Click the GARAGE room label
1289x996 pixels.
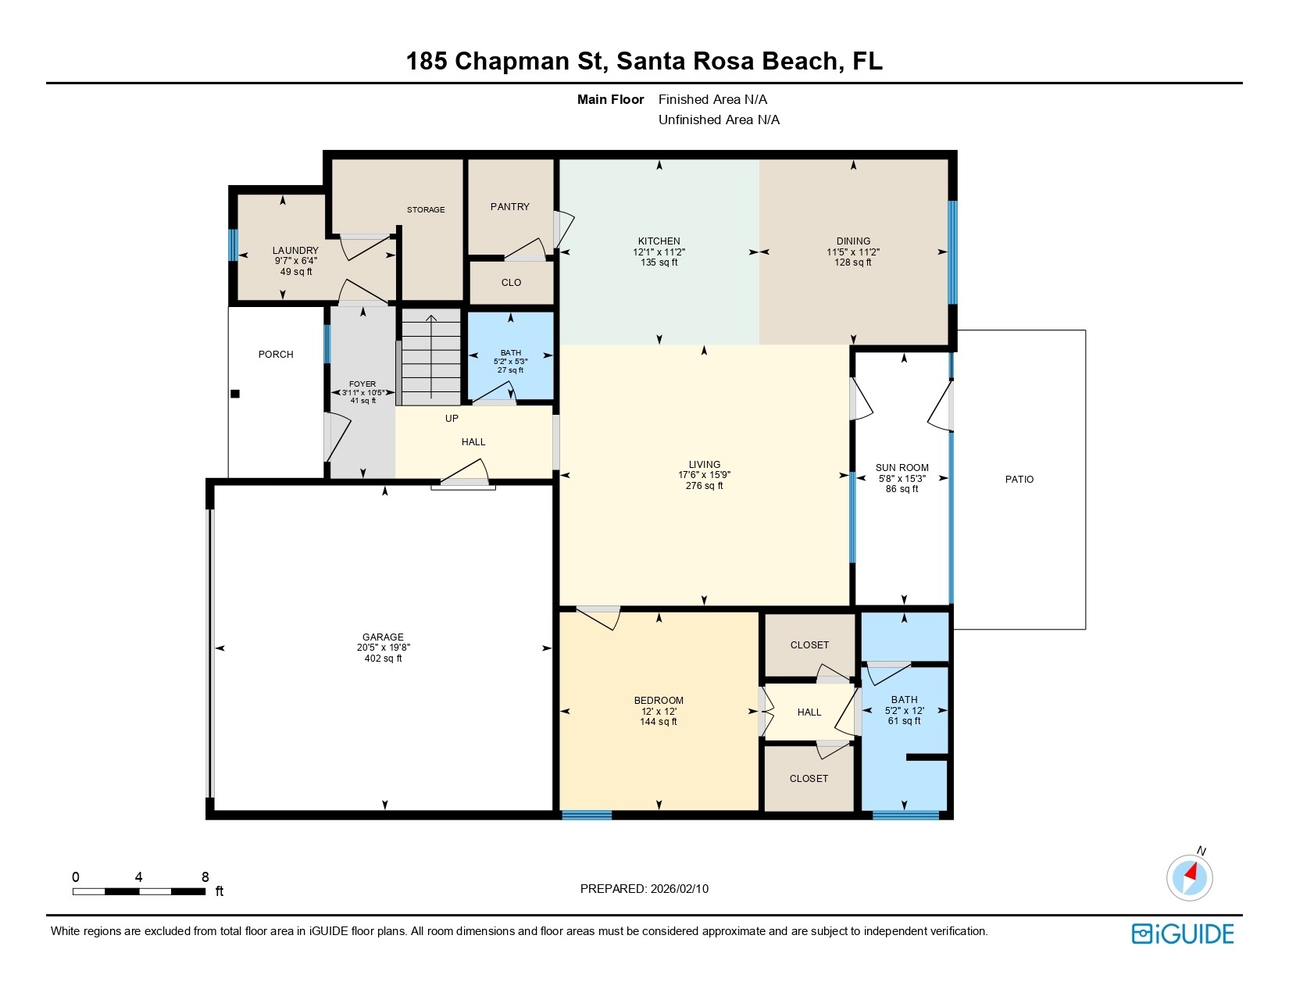[x=383, y=637]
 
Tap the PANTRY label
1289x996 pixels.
[x=510, y=206]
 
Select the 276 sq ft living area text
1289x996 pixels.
[x=704, y=486]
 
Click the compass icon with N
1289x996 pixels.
[x=1190, y=876]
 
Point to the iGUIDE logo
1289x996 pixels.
[x=1183, y=934]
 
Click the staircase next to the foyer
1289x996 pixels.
[x=431, y=357]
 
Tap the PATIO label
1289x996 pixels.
[x=1019, y=479]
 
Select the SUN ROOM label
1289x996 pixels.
[x=902, y=467]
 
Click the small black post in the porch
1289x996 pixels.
[x=235, y=394]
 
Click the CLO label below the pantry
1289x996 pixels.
[x=511, y=282]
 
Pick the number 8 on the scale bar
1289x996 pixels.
[x=205, y=876]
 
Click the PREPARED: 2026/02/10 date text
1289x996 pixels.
[x=644, y=888]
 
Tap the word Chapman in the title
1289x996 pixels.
[x=512, y=61]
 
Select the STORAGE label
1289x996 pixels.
[x=426, y=209]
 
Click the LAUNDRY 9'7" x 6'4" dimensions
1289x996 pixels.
[x=295, y=261]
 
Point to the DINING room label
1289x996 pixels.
[x=853, y=241]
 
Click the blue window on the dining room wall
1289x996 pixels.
[x=952, y=252]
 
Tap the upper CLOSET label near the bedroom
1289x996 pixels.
[x=809, y=644]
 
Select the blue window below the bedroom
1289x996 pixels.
[x=587, y=815]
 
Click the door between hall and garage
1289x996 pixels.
[x=465, y=476]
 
